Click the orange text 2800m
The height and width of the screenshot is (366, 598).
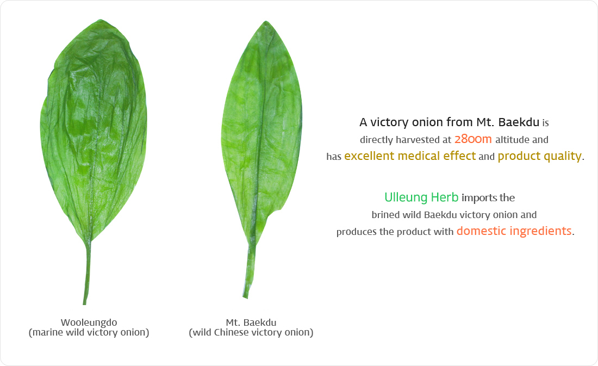coord(473,139)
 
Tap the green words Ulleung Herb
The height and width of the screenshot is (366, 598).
coord(421,197)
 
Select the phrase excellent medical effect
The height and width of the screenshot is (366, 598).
coord(410,156)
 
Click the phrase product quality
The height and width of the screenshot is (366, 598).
coord(540,156)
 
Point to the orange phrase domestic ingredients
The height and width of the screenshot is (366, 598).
coord(514,231)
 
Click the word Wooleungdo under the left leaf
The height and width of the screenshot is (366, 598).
coord(89,322)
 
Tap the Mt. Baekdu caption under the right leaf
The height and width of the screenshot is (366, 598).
coord(251,322)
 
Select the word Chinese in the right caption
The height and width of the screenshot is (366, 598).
coord(232,332)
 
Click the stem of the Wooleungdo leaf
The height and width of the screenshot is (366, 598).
coord(88,273)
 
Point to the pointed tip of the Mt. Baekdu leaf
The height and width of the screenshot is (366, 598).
coord(266,21)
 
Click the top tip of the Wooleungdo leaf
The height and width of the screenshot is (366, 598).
coord(101,20)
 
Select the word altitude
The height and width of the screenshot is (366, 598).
coord(512,140)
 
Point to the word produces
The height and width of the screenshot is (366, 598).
coord(357,232)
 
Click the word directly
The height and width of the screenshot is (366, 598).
coord(376,140)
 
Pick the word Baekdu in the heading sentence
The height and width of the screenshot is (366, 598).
coord(519,122)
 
